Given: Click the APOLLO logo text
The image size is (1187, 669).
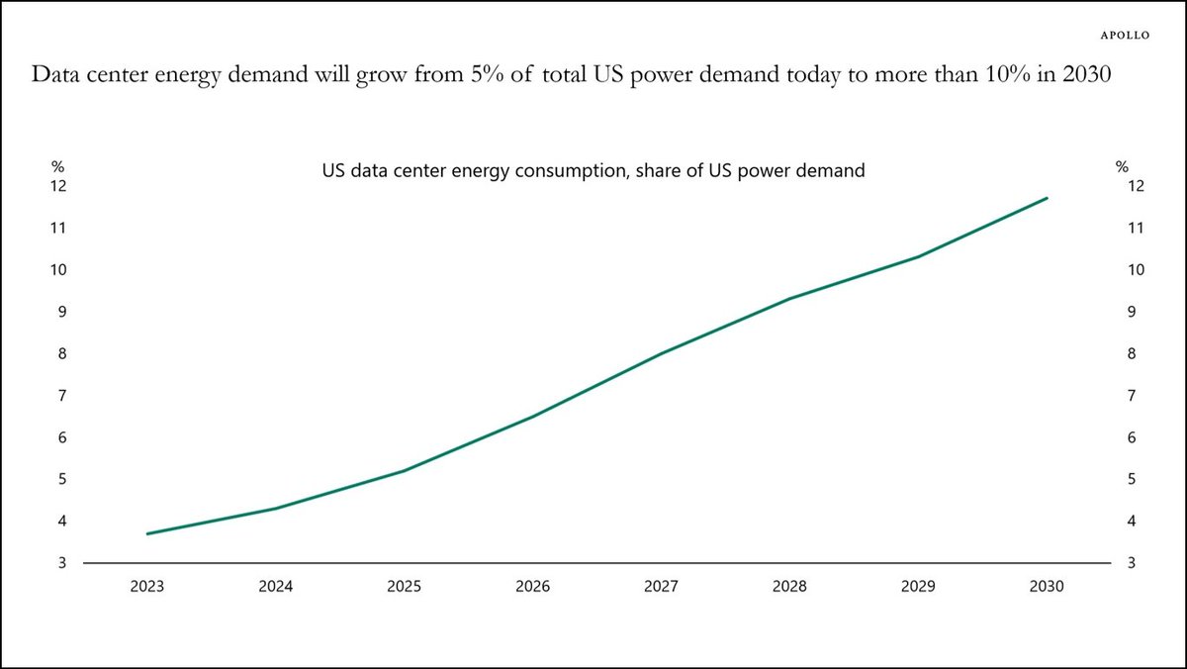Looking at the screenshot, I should pos(1126,35).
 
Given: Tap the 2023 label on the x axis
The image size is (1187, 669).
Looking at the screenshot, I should pos(146,587).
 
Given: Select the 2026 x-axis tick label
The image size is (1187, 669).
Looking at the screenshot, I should pos(532,587).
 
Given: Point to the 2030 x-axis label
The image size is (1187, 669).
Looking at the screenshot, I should pos(1047,587).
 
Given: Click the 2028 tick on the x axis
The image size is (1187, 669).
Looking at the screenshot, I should pos(789,587).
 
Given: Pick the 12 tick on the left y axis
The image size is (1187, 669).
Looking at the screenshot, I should pos(58,186).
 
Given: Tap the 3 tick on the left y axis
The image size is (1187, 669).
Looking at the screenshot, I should pos(62,563).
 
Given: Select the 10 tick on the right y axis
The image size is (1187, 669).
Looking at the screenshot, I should pos(1136,270).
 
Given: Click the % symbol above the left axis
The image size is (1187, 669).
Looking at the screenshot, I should pos(58,167).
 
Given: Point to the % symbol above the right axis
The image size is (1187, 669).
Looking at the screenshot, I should pos(1122,167).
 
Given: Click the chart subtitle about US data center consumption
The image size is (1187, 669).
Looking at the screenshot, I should pos(593,170).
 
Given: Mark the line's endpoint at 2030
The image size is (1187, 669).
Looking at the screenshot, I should pos(1047,198).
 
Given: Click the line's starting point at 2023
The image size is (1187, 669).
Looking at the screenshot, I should pos(147,533).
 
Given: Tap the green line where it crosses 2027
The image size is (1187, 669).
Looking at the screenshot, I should pos(661,353).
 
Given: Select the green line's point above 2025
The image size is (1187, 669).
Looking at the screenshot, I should pos(404,471).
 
